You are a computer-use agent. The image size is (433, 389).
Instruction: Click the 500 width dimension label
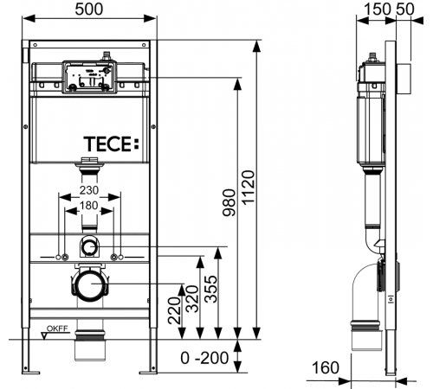tap(89, 10)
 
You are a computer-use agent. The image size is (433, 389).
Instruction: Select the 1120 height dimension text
tap(249, 188)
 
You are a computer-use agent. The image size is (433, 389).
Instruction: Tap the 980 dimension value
tap(229, 202)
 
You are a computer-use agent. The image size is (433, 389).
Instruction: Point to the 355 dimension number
tap(210, 289)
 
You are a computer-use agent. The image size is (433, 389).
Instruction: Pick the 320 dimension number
tap(192, 299)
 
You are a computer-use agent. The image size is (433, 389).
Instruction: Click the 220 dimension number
tap(174, 310)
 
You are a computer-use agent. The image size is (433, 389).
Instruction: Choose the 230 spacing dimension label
tap(89, 190)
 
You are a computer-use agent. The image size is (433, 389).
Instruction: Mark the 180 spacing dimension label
tap(89, 206)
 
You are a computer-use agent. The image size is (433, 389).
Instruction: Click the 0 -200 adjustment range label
tap(204, 358)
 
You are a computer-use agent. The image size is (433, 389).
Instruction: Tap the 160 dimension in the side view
tap(326, 367)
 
